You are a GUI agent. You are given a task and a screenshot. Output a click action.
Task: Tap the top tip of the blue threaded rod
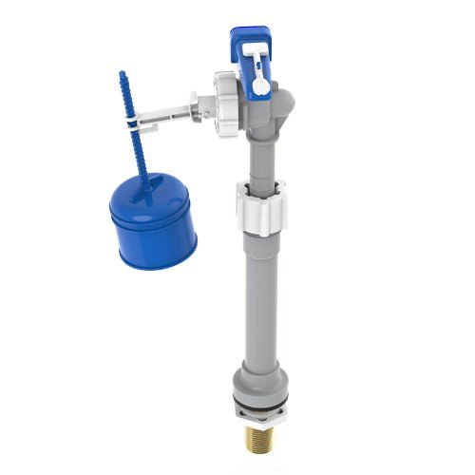tap(123, 74)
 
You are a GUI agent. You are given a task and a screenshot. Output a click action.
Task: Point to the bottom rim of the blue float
tap(157, 262)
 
